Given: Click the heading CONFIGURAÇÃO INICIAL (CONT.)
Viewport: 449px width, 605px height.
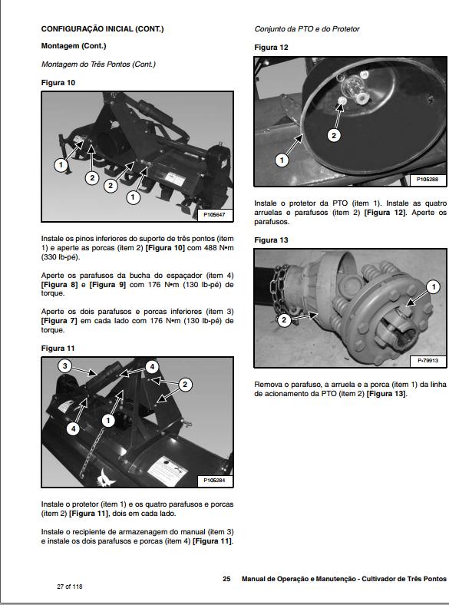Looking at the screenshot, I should pyautogui.click(x=102, y=29).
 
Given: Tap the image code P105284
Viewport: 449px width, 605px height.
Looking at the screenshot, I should pyautogui.click(x=215, y=481).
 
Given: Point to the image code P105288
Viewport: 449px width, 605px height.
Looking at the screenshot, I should pyautogui.click(x=428, y=179).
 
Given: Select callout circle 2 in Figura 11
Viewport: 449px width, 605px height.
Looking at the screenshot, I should pyautogui.click(x=184, y=384).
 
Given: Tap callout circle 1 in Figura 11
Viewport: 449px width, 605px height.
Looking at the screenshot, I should pyautogui.click(x=108, y=420).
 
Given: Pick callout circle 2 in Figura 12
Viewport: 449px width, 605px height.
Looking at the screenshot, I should pyautogui.click(x=333, y=135).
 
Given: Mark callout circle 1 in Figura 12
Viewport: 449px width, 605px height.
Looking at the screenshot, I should pyautogui.click(x=282, y=160).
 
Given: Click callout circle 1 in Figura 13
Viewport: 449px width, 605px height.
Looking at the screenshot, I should pyautogui.click(x=433, y=286).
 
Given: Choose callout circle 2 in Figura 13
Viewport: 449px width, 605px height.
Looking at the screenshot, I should pyautogui.click(x=283, y=319).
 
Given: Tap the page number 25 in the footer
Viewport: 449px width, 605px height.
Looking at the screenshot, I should pyautogui.click(x=226, y=578).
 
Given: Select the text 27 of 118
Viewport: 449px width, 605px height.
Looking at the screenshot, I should pyautogui.click(x=69, y=587).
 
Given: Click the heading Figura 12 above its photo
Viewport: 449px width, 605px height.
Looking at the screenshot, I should pyautogui.click(x=271, y=48).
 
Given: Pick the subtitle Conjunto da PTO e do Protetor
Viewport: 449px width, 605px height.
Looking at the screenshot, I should pyautogui.click(x=307, y=29).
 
